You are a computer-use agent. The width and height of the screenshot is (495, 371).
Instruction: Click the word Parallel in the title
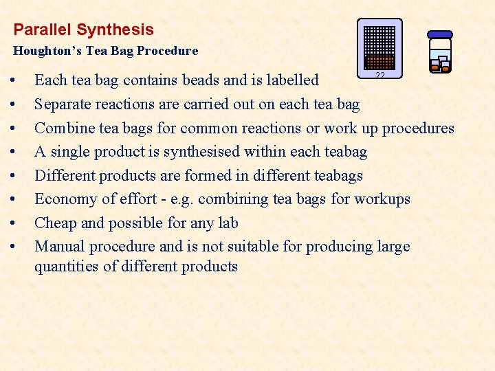coord(43,30)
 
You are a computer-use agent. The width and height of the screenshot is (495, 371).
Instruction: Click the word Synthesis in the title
coord(115,30)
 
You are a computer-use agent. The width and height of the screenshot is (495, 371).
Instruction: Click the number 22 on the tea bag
coord(379,76)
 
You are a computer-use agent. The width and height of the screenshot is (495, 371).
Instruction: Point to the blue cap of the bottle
coord(440,34)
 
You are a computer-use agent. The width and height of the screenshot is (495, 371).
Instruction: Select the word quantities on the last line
coord(66,267)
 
